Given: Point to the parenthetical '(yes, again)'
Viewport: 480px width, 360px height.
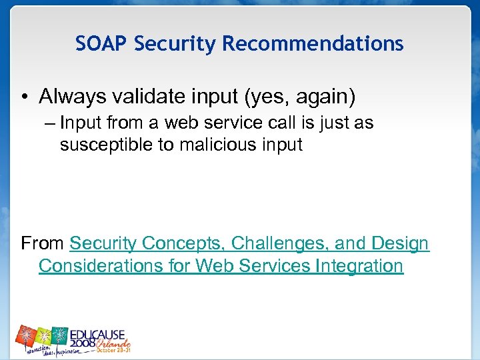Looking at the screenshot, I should point(301,97).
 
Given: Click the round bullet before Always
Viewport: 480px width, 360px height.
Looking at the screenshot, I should point(25,98).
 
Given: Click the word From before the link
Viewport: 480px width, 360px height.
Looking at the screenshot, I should point(43,244).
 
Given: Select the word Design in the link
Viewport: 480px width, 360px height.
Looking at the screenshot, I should point(401,244).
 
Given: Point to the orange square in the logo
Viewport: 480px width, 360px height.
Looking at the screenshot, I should point(27,335).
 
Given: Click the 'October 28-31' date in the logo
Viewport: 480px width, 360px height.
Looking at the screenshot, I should point(114,349).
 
